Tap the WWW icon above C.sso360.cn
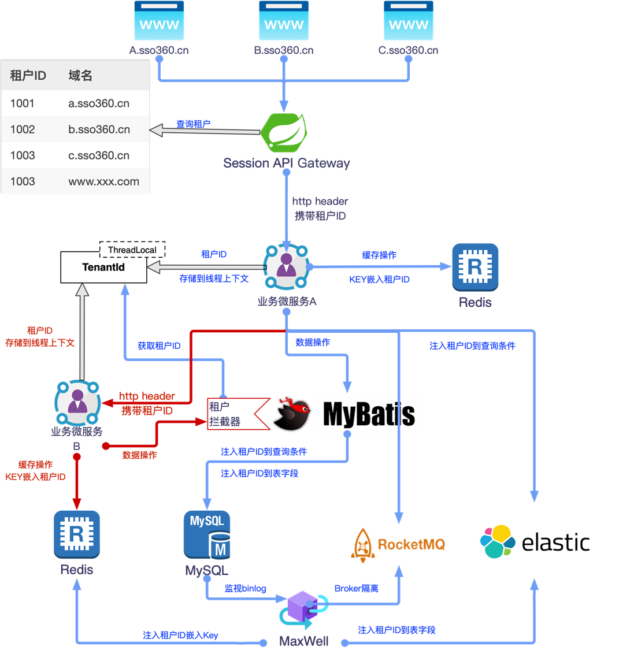click(x=408, y=20)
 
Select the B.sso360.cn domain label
click(x=284, y=50)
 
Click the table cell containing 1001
click(x=23, y=103)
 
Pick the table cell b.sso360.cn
click(x=99, y=129)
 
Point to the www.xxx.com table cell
click(x=103, y=181)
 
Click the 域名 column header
click(x=80, y=76)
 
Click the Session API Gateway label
click(x=287, y=163)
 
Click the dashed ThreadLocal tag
click(x=132, y=250)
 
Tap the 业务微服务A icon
click(x=286, y=267)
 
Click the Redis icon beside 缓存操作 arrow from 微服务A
click(x=475, y=267)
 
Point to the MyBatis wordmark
click(x=368, y=414)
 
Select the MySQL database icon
click(x=207, y=534)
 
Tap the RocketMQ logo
click(x=399, y=544)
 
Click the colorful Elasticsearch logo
click(x=498, y=541)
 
